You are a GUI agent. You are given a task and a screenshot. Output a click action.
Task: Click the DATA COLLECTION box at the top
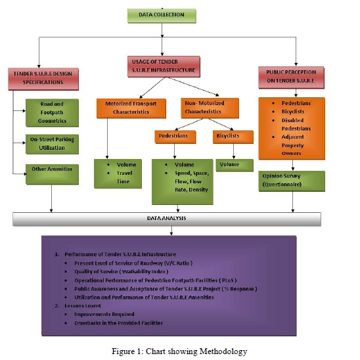(161, 14)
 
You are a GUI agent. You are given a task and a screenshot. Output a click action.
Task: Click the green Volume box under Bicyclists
(230, 165)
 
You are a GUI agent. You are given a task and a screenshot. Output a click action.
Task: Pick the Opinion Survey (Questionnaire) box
(290, 181)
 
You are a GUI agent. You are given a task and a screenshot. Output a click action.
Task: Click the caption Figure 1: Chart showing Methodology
(179, 351)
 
